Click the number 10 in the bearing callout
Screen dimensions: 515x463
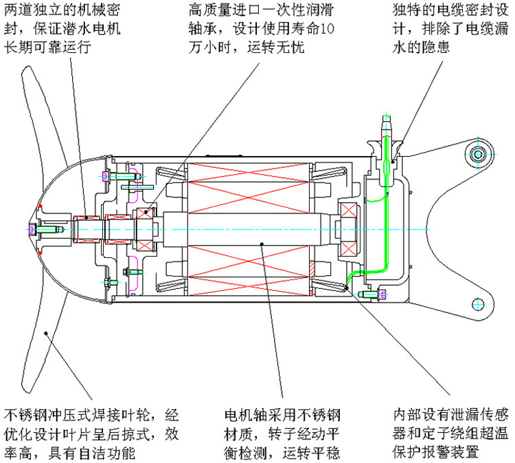[327, 29]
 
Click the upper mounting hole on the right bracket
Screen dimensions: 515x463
[478, 154]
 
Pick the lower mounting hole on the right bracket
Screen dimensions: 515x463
[478, 304]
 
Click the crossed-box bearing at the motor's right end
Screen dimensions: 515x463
[349, 229]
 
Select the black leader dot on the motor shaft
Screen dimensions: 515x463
[262, 244]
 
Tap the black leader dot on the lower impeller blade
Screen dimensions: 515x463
[46, 333]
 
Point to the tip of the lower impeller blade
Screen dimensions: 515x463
[27, 390]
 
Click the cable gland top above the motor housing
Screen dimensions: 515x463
[387, 122]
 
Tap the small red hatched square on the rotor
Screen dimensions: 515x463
[311, 269]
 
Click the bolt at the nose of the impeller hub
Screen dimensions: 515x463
[45, 229]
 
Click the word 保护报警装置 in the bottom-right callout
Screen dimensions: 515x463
[436, 452]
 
